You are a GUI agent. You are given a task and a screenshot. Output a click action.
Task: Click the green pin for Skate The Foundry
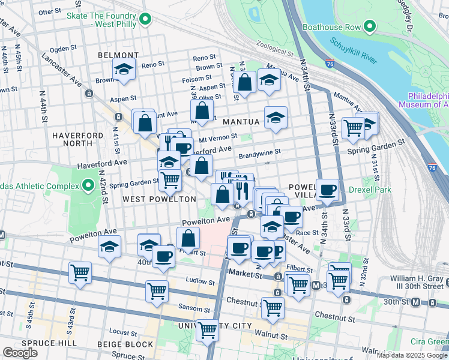(x=145, y=20)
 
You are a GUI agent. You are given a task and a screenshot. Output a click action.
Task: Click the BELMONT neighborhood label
(x=118, y=55)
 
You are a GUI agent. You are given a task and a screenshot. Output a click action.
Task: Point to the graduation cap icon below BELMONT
(x=124, y=71)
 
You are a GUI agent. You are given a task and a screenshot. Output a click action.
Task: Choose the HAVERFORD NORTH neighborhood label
(x=77, y=140)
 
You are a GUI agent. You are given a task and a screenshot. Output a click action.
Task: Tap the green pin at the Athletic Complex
(x=89, y=185)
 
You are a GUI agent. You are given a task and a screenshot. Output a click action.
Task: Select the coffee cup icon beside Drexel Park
(x=327, y=190)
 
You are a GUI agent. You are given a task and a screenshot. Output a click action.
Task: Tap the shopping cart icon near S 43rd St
(x=80, y=273)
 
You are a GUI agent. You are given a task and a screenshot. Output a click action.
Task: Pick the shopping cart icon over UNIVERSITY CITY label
(x=208, y=329)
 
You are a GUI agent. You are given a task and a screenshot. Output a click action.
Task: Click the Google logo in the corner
(x=20, y=353)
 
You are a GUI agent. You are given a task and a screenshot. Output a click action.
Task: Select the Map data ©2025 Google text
(x=411, y=355)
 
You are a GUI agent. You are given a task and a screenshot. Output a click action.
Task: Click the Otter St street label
(x=49, y=12)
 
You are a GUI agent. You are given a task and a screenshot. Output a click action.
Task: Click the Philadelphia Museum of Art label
(x=428, y=100)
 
